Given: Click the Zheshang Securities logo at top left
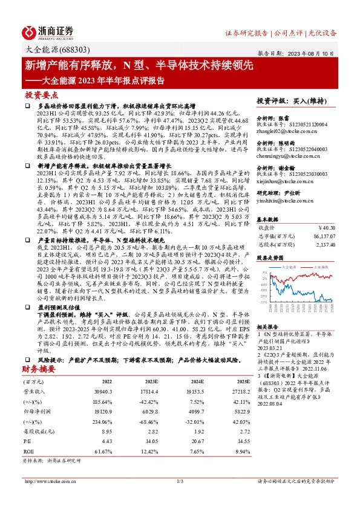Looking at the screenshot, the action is point(48,31).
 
